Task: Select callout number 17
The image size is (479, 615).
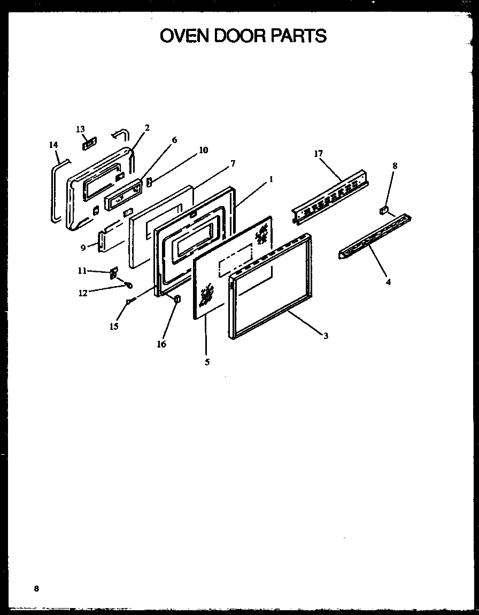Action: coord(319,154)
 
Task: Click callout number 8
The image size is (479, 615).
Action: coord(395,166)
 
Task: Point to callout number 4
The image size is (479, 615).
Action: coord(388,282)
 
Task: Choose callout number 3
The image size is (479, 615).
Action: coord(325,336)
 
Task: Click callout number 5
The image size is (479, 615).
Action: coord(207,362)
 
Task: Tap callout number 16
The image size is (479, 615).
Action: coord(161,344)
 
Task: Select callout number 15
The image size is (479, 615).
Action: coord(114,326)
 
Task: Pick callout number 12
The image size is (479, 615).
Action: coord(83,293)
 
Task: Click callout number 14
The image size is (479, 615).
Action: coord(53,145)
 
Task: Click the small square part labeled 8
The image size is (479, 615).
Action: coord(383,210)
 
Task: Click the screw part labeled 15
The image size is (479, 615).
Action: coord(130,302)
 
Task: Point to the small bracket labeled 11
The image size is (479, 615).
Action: coord(113,274)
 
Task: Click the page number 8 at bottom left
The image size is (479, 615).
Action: coord(36,589)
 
